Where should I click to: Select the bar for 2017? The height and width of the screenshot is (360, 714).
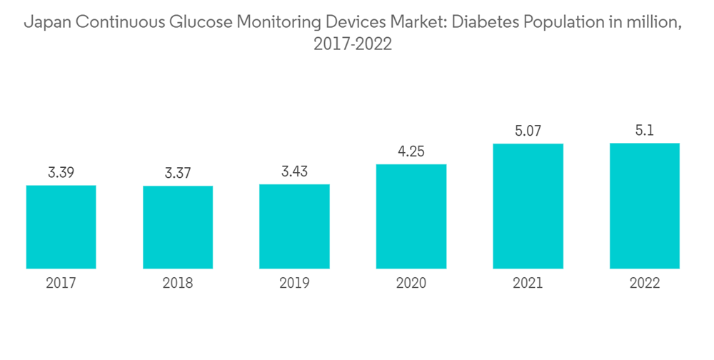tap(61, 227)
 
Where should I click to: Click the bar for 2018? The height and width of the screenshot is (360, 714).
tap(178, 227)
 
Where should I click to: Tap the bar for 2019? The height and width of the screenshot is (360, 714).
tap(294, 226)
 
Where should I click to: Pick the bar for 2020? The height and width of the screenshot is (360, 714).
tap(411, 216)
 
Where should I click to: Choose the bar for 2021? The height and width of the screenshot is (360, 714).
tap(528, 206)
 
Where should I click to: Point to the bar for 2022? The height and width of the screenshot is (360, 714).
tap(645, 206)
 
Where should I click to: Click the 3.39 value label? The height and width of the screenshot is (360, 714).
tap(61, 172)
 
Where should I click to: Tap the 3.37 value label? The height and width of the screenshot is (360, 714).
tap(178, 173)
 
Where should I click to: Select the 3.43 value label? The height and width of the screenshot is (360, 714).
tap(294, 171)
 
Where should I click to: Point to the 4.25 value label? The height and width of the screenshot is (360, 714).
tap(411, 151)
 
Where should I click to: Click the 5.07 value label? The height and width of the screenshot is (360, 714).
tap(528, 131)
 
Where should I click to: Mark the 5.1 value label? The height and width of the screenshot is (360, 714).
tap(645, 130)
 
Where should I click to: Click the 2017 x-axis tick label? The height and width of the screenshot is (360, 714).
tap(61, 284)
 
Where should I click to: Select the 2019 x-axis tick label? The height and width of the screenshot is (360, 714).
tap(294, 284)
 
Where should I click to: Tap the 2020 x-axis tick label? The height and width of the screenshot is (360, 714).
tap(411, 284)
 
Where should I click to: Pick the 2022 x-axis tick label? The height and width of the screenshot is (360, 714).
tap(645, 284)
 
